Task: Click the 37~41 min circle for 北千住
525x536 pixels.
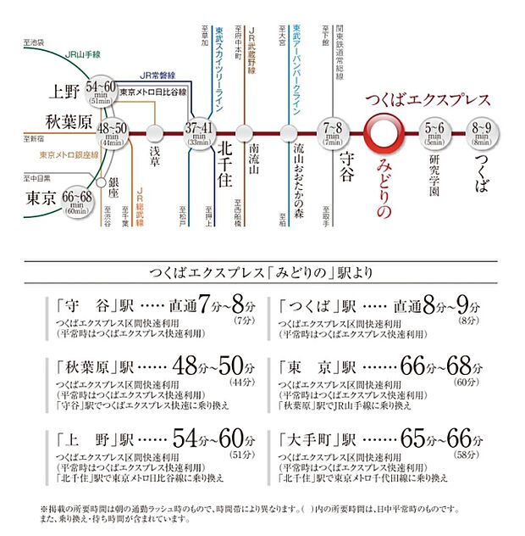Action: [x=202, y=131]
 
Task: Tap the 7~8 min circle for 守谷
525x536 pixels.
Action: [x=332, y=131]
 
